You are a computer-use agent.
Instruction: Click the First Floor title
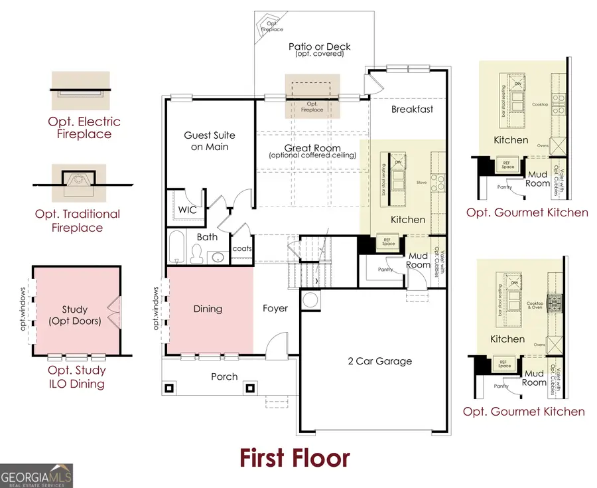pyautogui.click(x=294, y=457)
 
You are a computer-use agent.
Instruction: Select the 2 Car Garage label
pyautogui.click(x=380, y=361)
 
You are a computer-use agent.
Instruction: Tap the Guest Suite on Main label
pyautogui.click(x=210, y=141)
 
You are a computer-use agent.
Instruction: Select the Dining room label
pyautogui.click(x=208, y=309)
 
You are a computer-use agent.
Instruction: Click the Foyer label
pyautogui.click(x=275, y=309)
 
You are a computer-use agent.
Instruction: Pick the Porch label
pyautogui.click(x=224, y=376)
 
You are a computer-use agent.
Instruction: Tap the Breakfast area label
pyautogui.click(x=412, y=109)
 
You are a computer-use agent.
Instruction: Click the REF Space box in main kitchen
pyautogui.click(x=385, y=242)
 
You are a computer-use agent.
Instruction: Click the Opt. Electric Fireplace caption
pyautogui.click(x=84, y=127)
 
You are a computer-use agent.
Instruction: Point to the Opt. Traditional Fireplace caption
pyautogui.click(x=78, y=220)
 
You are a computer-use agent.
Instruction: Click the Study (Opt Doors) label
pyautogui.click(x=75, y=315)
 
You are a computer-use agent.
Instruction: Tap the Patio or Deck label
pyautogui.click(x=319, y=49)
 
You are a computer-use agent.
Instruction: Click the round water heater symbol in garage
pyautogui.click(x=310, y=299)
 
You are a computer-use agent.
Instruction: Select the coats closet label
pyautogui.click(x=241, y=249)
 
